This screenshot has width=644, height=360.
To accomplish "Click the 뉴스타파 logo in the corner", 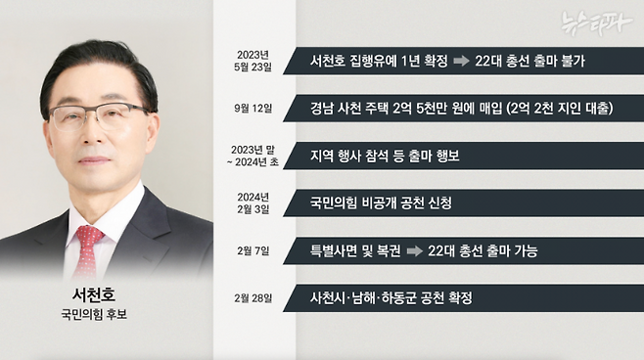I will click(x=598, y=20).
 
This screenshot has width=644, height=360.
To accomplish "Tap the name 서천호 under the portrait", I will click(x=95, y=294).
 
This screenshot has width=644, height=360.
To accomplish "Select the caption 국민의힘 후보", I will click(x=95, y=316).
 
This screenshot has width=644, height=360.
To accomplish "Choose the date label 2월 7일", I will click(x=253, y=250).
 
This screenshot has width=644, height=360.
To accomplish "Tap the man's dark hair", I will click(x=98, y=64).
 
